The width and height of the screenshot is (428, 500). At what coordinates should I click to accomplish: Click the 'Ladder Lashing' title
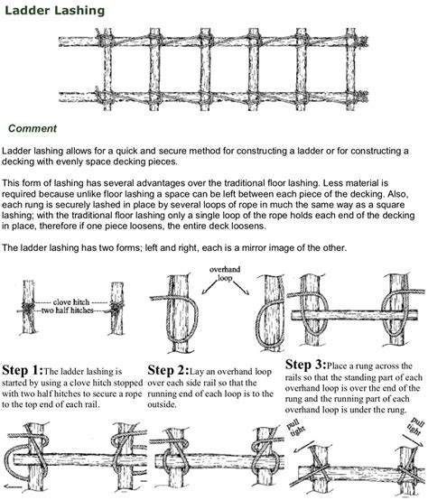(54, 11)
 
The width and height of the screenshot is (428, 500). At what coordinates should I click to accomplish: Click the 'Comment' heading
(33, 128)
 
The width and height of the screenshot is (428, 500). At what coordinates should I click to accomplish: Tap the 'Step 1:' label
(23, 370)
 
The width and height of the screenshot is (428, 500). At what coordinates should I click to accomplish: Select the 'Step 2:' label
(168, 370)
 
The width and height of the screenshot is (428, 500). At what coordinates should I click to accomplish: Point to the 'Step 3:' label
(306, 365)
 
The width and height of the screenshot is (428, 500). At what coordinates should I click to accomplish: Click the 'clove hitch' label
(71, 302)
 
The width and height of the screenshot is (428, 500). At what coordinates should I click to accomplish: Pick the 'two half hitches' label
(68, 310)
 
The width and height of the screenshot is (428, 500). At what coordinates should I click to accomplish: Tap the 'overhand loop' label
(225, 273)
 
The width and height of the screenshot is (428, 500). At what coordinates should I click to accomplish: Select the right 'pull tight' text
(415, 426)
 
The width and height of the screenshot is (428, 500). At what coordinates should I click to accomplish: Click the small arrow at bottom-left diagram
(14, 487)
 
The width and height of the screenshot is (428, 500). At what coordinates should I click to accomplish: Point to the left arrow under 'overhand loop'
(209, 287)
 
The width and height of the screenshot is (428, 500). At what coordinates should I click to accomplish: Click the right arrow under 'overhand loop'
(241, 287)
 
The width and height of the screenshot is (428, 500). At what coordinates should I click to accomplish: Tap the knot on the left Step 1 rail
(28, 308)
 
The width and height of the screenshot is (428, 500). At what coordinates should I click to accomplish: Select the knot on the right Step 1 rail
(117, 308)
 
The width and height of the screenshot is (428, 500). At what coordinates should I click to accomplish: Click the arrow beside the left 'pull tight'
(304, 448)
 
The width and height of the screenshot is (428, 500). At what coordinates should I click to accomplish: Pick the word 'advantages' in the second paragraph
(160, 184)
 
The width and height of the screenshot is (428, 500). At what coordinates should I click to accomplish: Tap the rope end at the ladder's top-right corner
(363, 42)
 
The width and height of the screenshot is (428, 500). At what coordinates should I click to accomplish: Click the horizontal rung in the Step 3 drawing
(355, 315)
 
